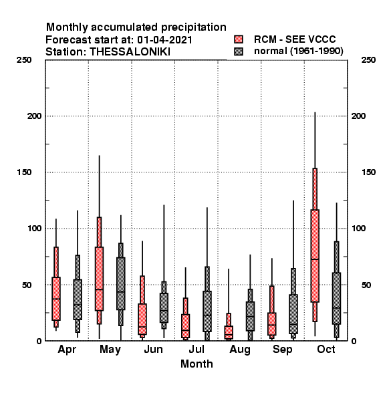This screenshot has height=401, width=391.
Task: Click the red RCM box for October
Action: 315,256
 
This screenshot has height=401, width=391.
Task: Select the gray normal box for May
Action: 121,283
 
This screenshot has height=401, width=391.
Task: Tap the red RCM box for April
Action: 56,299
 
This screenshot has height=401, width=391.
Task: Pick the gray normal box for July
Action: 207,311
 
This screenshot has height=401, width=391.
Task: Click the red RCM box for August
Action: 229,332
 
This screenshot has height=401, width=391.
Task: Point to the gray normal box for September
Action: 293,314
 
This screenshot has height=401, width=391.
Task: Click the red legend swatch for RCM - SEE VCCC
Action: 239,39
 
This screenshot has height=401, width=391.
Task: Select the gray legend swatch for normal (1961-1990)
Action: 239,51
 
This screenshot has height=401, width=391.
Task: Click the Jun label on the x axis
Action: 153,350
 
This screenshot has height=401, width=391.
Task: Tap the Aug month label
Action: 240,350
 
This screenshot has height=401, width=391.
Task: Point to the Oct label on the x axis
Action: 325,350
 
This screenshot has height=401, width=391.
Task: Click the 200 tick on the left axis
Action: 34,116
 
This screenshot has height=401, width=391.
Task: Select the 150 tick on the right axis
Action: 368,172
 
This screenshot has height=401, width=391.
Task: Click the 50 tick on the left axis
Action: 27,285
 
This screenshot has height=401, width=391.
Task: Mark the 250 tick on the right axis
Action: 368,60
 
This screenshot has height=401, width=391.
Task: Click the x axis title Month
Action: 197,364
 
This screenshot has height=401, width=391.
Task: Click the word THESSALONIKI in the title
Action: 130,52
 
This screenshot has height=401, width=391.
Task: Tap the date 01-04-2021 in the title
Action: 164,40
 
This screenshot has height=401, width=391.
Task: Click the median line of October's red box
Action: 315,259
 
